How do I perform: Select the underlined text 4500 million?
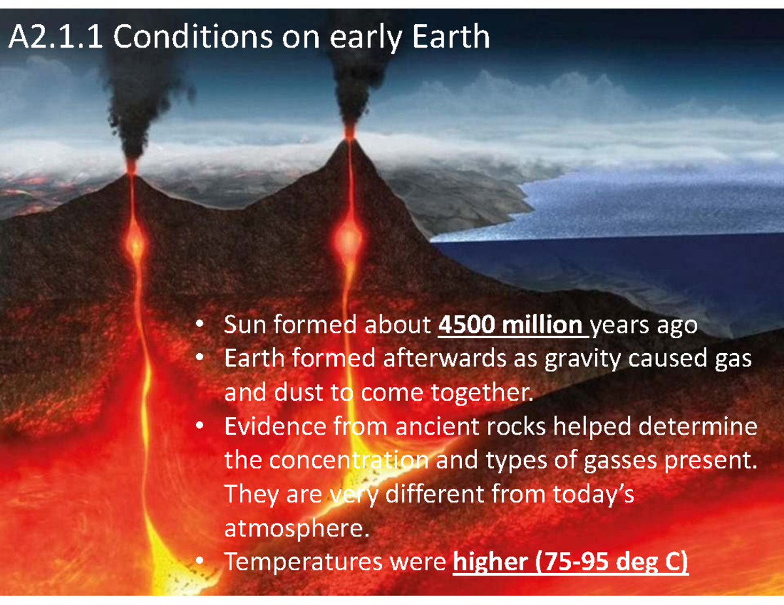(x=512, y=324)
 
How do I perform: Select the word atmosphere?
(x=291, y=528)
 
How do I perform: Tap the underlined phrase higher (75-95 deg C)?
(x=570, y=562)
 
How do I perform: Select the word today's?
(x=591, y=494)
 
